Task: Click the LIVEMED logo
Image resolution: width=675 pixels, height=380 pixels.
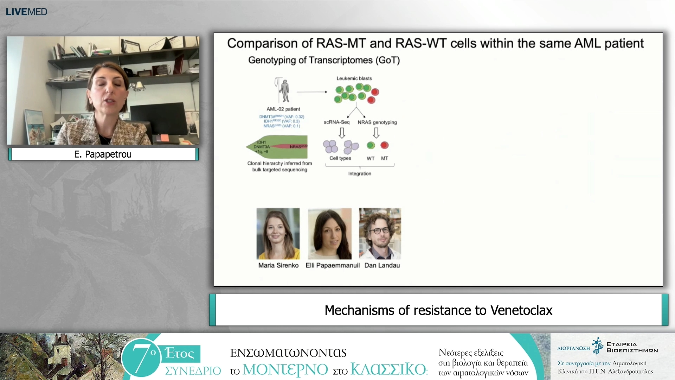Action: (x=26, y=12)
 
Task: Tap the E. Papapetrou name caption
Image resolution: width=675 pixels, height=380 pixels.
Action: (x=103, y=154)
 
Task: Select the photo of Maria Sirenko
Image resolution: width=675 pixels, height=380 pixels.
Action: (x=278, y=234)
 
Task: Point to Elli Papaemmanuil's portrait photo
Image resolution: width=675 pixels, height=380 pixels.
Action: (x=330, y=234)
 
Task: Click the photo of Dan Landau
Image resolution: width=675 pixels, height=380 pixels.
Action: (x=380, y=234)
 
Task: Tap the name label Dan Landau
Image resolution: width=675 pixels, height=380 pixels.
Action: (x=382, y=265)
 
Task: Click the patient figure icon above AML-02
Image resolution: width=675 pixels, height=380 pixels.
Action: (x=284, y=90)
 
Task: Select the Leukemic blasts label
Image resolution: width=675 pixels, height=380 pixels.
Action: (x=354, y=78)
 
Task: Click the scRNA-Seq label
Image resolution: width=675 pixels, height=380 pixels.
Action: (x=336, y=122)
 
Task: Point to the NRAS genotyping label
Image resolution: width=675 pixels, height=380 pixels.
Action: (x=377, y=122)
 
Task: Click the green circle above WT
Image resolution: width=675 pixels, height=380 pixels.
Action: (x=371, y=145)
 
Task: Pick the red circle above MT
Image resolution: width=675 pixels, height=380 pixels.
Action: (x=385, y=145)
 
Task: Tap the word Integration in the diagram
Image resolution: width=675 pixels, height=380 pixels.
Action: (x=360, y=173)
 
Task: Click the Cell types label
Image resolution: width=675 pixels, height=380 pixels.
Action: (x=340, y=158)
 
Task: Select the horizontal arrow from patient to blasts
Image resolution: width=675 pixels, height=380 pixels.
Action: (x=312, y=92)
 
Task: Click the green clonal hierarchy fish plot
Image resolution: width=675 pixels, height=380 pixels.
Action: (x=277, y=147)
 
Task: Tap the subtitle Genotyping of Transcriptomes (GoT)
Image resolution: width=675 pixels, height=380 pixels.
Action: (x=324, y=60)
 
